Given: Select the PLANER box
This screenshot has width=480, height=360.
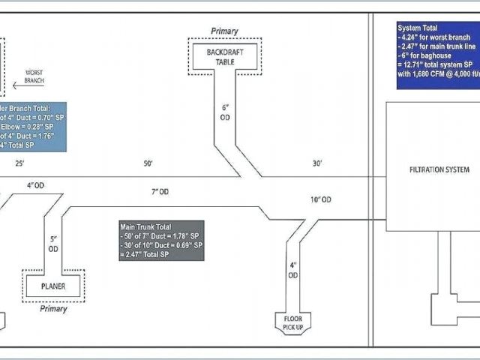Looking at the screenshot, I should pyautogui.click(x=53, y=285).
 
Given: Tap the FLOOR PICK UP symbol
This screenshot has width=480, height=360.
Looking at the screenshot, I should pyautogui.click(x=293, y=322).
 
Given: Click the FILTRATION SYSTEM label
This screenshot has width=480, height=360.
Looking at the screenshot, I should pyautogui.click(x=439, y=169).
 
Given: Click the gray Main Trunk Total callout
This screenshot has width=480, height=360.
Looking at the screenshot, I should pyautogui.click(x=160, y=240).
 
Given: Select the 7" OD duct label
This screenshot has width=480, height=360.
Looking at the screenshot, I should pyautogui.click(x=160, y=192).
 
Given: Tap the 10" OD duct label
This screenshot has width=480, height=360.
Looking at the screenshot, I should pyautogui.click(x=321, y=199).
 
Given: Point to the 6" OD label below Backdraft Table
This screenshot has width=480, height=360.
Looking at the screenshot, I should pyautogui.click(x=225, y=112).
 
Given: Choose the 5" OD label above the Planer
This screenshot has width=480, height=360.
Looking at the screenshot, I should pyautogui.click(x=53, y=244).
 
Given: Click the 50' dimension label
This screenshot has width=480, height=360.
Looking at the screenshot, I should pyautogui.click(x=148, y=163).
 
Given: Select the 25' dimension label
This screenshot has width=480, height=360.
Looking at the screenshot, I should pyautogui.click(x=19, y=163).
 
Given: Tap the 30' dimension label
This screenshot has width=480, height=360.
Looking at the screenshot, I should pyautogui.click(x=318, y=163).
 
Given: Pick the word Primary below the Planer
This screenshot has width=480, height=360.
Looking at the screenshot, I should pyautogui.click(x=53, y=308).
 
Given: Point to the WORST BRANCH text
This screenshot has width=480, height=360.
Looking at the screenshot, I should pyautogui.click(x=34, y=76).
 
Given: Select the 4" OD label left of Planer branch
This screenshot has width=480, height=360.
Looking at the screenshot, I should pyautogui.click(x=35, y=184).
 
